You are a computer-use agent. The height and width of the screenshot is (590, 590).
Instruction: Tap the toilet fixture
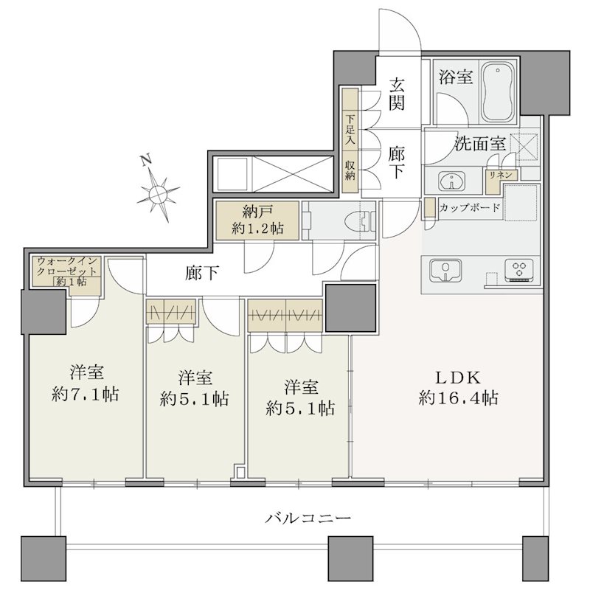362,221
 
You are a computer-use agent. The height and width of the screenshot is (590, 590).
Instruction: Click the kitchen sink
446,270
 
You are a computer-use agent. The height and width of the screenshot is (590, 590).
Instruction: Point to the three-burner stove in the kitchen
519,269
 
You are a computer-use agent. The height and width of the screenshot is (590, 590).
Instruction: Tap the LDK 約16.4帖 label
458,388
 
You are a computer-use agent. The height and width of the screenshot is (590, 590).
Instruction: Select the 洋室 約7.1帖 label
86,383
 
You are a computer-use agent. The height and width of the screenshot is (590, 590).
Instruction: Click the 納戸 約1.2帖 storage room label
257,221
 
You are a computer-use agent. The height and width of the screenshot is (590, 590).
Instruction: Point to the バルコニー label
308,519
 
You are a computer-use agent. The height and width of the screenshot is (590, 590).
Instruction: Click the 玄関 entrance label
396,94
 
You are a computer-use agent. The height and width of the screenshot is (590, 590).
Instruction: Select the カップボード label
470,207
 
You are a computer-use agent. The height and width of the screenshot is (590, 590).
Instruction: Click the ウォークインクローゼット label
67,266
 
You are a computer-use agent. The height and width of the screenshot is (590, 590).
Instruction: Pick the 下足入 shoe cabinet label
350,130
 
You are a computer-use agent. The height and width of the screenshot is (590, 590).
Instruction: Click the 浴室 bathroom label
455,77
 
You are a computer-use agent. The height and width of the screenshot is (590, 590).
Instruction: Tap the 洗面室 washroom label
480,143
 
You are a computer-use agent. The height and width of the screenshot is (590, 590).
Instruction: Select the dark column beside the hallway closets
351,308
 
